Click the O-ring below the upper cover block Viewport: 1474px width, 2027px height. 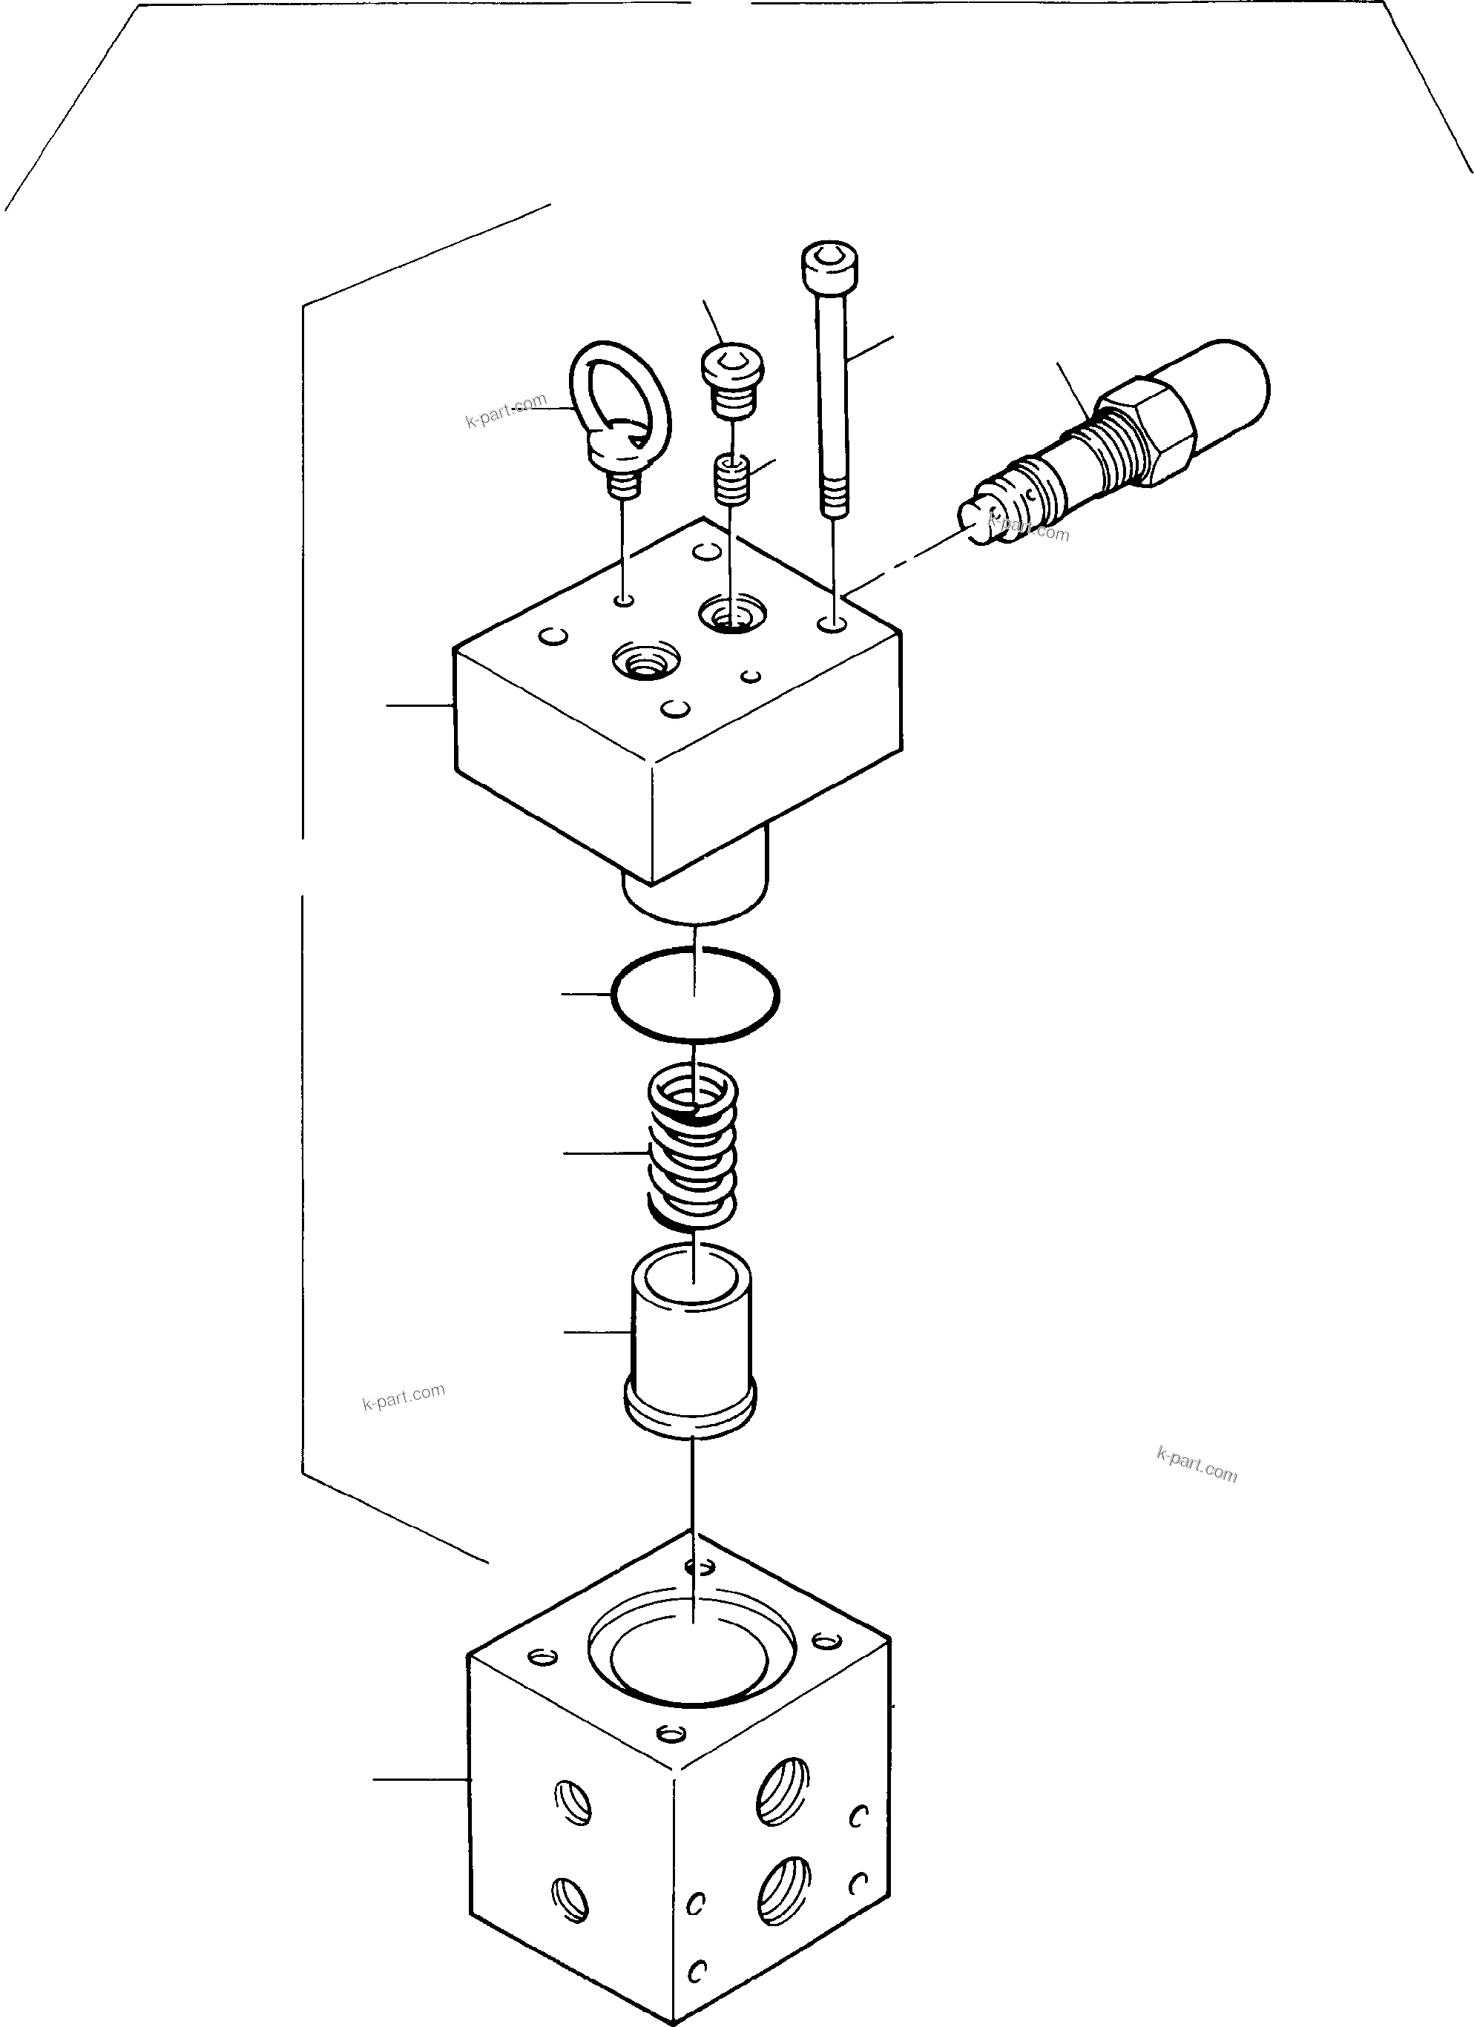click(694, 994)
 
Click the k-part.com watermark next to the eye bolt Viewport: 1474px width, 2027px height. click(505, 411)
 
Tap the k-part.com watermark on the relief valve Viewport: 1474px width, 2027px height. click(1028, 527)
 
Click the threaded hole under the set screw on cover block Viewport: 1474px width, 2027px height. click(732, 614)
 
